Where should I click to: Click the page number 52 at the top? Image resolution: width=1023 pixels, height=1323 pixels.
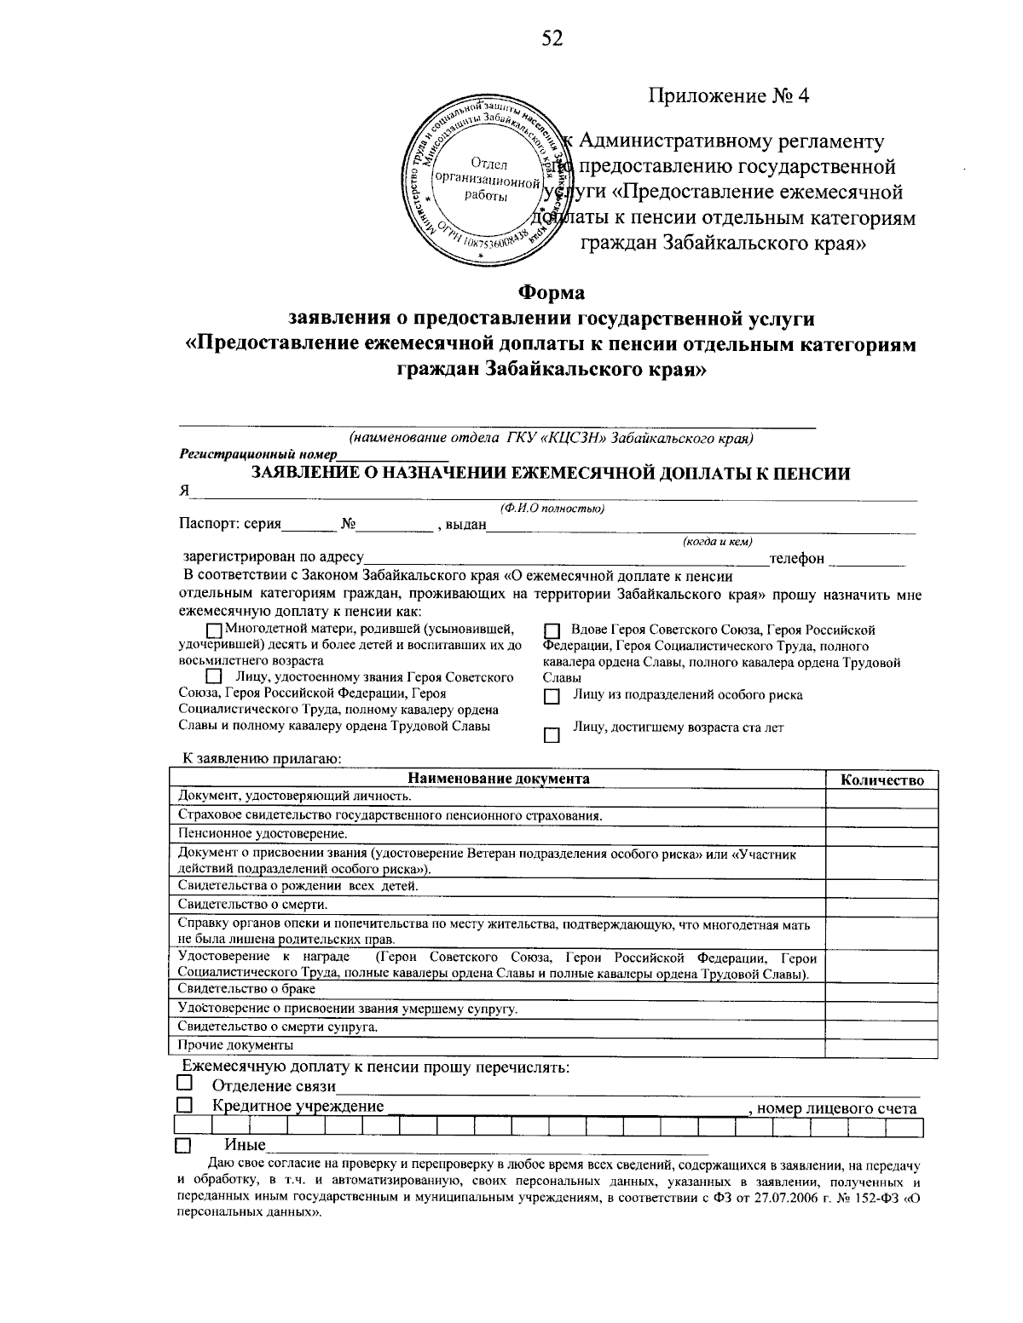(552, 38)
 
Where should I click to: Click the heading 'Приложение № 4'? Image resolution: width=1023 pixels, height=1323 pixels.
(728, 95)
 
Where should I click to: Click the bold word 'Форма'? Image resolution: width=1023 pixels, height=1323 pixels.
(552, 292)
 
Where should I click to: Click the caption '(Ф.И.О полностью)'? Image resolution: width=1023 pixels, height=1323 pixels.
(552, 509)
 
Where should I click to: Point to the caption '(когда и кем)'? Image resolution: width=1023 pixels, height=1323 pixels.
(717, 541)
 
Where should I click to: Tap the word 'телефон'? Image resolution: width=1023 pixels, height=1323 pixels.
(797, 558)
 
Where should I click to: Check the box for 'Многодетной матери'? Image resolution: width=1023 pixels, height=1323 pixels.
(213, 630)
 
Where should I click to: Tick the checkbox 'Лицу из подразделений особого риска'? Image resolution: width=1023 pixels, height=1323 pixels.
(551, 697)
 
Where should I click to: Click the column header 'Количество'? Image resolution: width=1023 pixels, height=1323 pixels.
(882, 779)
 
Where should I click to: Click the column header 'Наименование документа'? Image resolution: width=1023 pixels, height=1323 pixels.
(498, 779)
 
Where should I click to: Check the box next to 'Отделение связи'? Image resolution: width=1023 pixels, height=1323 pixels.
(183, 1084)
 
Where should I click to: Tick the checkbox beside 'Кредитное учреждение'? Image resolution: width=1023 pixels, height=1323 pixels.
(183, 1105)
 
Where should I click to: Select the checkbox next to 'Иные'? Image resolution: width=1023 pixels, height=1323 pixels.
(183, 1145)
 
